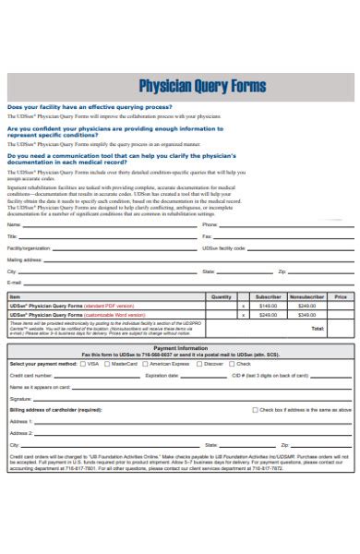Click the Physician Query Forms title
tap(201, 86)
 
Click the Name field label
tap(14, 224)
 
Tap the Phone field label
tap(210, 224)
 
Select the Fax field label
tap(207, 236)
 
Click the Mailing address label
tap(25, 260)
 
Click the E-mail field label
tap(15, 283)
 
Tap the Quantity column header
tap(222, 296)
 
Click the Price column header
tap(341, 296)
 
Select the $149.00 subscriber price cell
tap(268, 305)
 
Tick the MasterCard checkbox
tap(105, 364)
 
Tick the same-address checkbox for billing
tap(255, 409)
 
